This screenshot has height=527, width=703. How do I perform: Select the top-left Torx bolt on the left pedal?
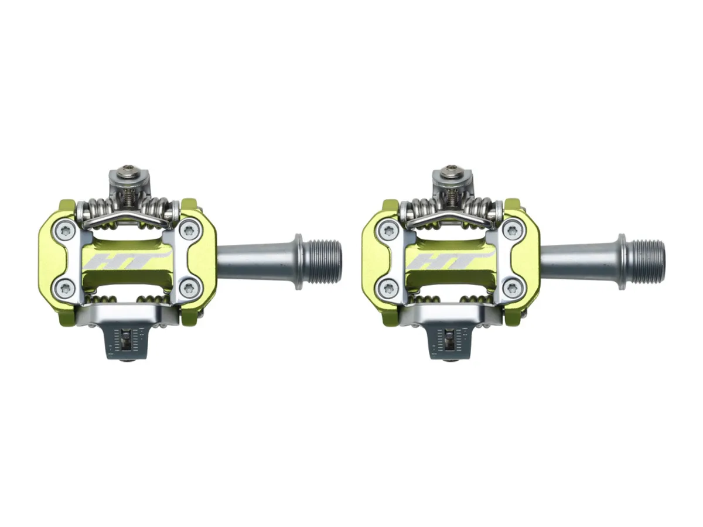(63, 229)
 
